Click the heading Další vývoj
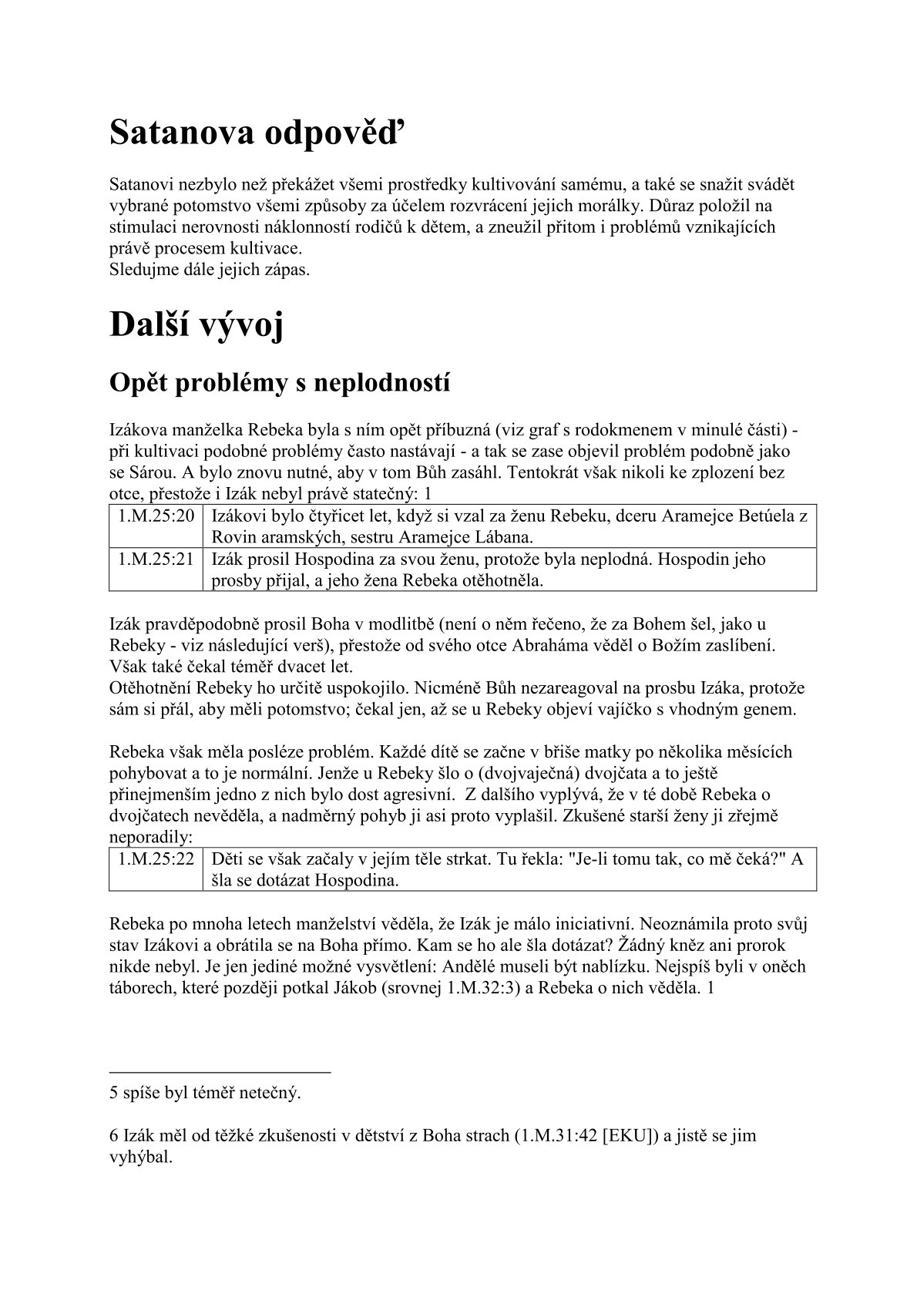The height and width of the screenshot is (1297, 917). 196,324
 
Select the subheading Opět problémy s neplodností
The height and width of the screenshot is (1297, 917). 280,381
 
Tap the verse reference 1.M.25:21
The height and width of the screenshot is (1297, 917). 156,559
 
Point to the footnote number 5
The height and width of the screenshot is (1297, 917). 114,1093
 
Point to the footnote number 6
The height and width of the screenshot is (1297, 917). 114,1136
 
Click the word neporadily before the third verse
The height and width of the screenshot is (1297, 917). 150,836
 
